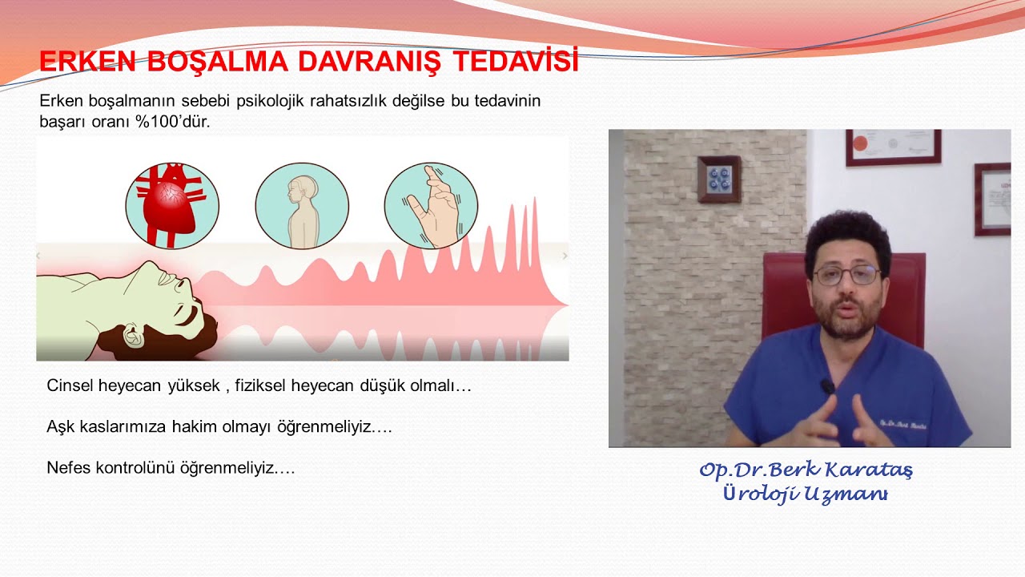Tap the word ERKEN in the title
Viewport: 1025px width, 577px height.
(87, 61)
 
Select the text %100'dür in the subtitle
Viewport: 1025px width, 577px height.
(172, 122)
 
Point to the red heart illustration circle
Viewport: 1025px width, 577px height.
(172, 206)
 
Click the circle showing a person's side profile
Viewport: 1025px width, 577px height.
(302, 206)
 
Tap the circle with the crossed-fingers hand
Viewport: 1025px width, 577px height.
(431, 206)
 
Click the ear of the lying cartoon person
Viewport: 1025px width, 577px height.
(133, 334)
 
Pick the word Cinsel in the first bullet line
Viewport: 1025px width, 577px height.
(70, 385)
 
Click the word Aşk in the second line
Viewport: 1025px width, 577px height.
(60, 427)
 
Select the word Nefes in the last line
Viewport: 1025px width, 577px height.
(69, 468)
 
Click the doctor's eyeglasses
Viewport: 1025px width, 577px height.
(846, 275)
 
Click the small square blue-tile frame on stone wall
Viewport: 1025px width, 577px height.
(719, 179)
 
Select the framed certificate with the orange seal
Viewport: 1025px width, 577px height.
(893, 147)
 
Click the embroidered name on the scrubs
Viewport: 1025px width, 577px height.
(902, 425)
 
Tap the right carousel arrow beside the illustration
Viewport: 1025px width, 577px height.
(565, 256)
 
